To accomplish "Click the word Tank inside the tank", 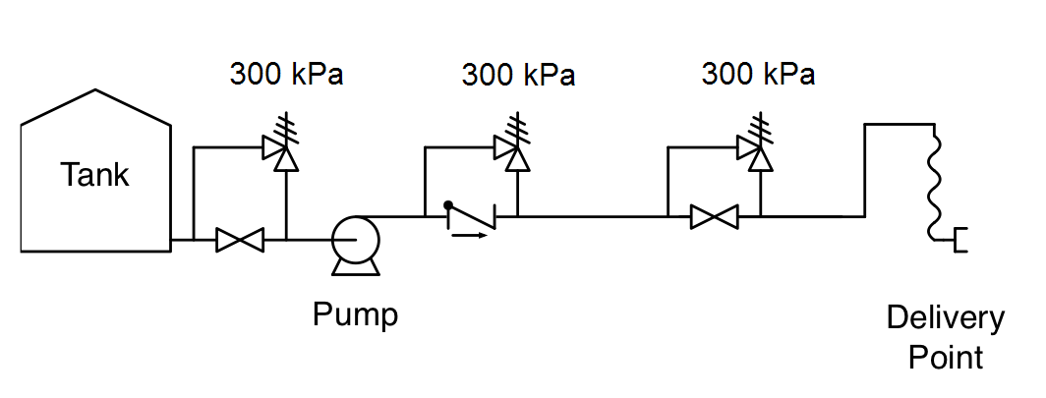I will [x=94, y=175].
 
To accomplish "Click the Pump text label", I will [x=356, y=315].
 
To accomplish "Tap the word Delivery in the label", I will [x=945, y=318].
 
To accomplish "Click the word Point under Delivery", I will [x=945, y=357].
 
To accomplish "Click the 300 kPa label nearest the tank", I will [x=286, y=74].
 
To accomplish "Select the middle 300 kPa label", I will [x=518, y=74].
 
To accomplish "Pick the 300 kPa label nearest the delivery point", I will [x=758, y=74].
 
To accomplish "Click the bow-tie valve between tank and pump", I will [x=240, y=239].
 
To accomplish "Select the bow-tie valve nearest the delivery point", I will [x=714, y=216].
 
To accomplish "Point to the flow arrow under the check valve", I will [x=469, y=235].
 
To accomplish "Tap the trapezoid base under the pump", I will [x=354, y=266].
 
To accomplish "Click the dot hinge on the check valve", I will [x=447, y=206].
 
